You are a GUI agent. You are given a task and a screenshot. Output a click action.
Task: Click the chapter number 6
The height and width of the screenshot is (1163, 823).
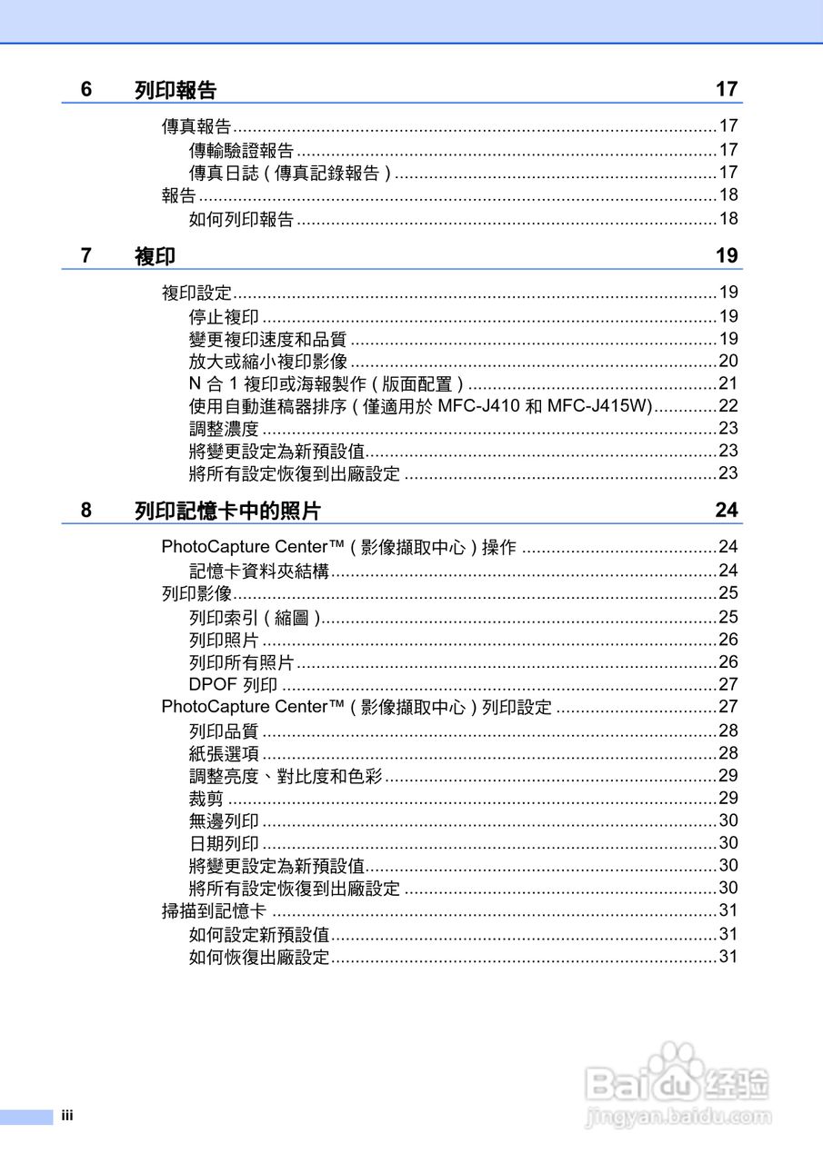(86, 89)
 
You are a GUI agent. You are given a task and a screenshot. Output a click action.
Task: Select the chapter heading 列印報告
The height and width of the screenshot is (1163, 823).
(176, 90)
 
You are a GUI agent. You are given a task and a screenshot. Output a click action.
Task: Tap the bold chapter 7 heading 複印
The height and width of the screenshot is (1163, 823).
(155, 255)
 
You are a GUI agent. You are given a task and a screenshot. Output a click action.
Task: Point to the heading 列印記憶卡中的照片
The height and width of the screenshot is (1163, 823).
(227, 511)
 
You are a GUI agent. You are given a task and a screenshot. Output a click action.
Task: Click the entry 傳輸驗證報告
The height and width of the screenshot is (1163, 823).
(241, 150)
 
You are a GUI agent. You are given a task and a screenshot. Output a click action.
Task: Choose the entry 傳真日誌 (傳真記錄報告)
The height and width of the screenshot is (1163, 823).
(290, 173)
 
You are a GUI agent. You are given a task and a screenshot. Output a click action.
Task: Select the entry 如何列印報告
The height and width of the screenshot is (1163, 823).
(241, 218)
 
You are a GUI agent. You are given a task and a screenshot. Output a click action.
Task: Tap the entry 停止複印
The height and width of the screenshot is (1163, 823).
(224, 316)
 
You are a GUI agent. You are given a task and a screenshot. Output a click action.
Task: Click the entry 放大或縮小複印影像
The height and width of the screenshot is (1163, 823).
(268, 361)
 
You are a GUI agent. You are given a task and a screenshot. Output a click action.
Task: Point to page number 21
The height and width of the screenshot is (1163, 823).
(728, 383)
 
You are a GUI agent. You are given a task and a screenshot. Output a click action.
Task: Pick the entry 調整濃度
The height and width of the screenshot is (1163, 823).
(224, 428)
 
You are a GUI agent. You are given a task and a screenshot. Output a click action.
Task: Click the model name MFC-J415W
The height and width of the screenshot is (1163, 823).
(601, 406)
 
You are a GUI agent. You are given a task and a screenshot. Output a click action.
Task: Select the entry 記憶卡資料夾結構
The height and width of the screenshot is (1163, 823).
(259, 571)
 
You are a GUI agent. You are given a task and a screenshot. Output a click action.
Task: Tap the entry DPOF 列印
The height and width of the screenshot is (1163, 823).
(233, 684)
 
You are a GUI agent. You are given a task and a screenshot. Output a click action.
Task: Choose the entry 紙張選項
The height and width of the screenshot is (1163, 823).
(224, 752)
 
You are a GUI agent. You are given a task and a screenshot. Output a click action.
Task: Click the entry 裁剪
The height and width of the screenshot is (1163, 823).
(206, 798)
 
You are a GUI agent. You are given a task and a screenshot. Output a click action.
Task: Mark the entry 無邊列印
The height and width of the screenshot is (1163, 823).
(224, 820)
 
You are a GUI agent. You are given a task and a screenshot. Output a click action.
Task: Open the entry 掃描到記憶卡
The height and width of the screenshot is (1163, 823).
(214, 910)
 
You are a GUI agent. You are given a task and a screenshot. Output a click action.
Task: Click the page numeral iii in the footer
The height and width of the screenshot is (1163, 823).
(66, 1116)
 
